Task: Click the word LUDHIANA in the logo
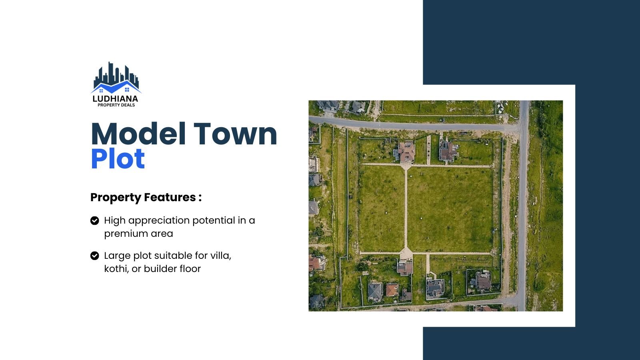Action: [x=115, y=98]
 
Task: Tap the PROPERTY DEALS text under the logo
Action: [x=116, y=105]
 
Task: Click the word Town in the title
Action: [x=236, y=134]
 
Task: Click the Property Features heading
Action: [x=146, y=197]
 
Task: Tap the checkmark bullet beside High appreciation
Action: [x=95, y=220]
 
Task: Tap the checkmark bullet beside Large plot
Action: [x=95, y=256]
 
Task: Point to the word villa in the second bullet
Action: [x=220, y=256]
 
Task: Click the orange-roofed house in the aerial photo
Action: [x=392, y=290]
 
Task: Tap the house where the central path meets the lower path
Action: [x=405, y=267]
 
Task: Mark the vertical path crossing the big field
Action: [x=406, y=208]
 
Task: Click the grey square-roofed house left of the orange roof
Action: [x=374, y=292]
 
